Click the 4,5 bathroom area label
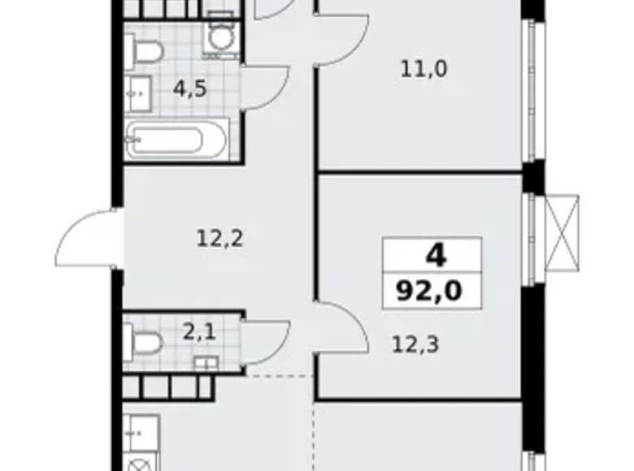tap(189, 88)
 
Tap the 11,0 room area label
tap(423, 69)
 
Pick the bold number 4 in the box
tap(436, 257)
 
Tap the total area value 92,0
tap(436, 290)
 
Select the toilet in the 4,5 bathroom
tap(147, 50)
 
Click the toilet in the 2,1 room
tap(145, 340)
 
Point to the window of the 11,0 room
tap(532, 89)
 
